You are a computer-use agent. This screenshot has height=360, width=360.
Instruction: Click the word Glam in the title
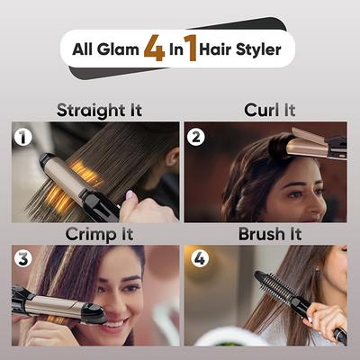tap(120, 48)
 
